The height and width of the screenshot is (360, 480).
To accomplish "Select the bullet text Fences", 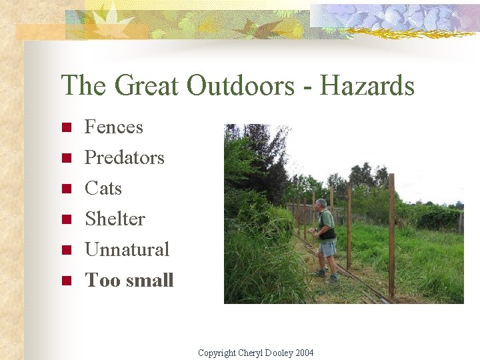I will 113,127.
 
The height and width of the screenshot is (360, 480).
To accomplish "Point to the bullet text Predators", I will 124,157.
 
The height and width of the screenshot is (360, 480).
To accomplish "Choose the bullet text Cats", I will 103,188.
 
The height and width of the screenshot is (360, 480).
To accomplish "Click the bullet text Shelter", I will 115,219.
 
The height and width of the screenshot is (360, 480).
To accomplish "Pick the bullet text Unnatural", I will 127,249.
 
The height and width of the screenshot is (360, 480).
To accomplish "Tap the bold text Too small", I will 129,280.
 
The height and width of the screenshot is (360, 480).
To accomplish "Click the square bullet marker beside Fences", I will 66,128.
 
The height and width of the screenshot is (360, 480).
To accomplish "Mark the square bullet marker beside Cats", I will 66,189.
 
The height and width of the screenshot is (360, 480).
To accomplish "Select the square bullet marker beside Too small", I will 66,281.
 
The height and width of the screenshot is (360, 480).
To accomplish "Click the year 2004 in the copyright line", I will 303,353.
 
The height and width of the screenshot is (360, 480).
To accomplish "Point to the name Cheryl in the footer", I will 251,353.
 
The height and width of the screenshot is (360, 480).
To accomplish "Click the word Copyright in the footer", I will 217,353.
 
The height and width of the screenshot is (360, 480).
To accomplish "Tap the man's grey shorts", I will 327,249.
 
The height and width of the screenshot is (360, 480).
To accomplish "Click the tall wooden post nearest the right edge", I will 391,233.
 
